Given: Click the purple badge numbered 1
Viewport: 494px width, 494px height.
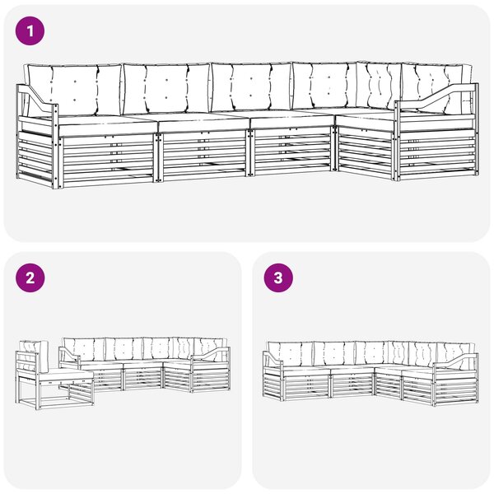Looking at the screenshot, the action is (30, 31).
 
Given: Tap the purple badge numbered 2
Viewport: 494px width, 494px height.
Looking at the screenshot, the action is (30, 278).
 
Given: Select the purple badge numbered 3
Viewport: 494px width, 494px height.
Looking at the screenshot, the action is (278, 278).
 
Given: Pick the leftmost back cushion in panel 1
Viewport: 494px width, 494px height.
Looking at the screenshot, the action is (74, 90).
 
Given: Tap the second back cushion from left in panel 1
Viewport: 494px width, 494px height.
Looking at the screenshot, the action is (166, 89).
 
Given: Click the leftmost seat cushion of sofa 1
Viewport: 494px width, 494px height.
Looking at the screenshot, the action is (107, 124).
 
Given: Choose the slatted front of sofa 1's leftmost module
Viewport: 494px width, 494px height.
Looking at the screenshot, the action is (108, 160).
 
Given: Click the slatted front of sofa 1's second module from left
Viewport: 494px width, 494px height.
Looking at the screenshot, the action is (204, 155).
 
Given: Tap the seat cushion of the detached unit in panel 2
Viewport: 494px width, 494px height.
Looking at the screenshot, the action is (66, 375).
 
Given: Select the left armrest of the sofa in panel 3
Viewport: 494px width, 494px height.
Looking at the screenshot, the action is (273, 358).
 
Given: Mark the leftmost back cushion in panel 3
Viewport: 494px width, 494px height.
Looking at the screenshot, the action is (290, 354).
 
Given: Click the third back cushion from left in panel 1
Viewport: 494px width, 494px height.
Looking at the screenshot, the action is (251, 87).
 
